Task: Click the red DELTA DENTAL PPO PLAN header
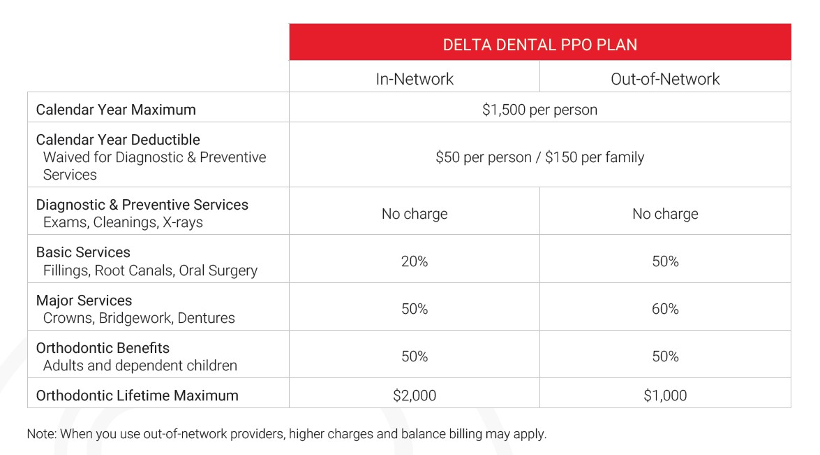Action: coord(539,45)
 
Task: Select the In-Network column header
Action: coord(415,79)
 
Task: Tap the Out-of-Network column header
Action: coord(665,79)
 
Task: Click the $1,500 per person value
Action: coord(539,110)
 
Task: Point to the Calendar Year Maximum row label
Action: coord(116,110)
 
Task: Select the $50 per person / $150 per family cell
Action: coord(539,157)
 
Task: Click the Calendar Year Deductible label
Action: coord(118,140)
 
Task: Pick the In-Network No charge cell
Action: coord(415,214)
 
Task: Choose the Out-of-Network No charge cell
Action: coord(665,214)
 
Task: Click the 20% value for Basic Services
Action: coord(415,261)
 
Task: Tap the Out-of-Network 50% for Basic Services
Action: coord(665,261)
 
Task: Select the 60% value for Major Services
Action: coord(665,309)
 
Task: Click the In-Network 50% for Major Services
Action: coord(415,309)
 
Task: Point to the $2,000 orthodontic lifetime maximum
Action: coord(415,396)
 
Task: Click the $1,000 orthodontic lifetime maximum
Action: coord(665,396)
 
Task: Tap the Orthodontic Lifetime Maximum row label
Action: coord(137,396)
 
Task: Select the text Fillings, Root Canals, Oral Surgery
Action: coord(150,270)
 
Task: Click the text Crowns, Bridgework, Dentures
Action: coord(139,318)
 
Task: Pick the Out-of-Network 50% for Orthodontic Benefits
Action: coord(665,356)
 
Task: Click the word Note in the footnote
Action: coord(41,434)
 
